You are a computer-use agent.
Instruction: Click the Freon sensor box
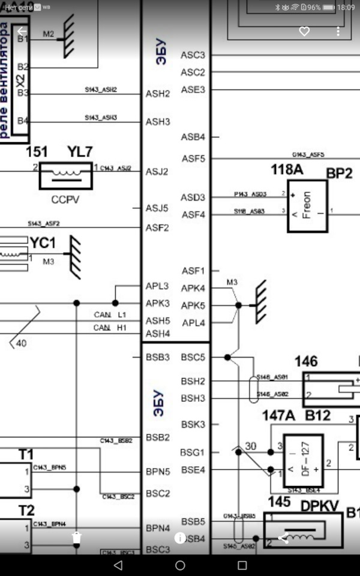[307, 206]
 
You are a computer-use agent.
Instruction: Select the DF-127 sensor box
[302, 461]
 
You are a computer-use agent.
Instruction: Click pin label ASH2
[158, 94]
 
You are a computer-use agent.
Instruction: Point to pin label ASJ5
[157, 208]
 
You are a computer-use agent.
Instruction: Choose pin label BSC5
[193, 357]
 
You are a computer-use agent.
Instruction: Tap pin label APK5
[193, 305]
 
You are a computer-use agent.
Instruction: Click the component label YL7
[80, 152]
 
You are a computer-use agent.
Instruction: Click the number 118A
[287, 170]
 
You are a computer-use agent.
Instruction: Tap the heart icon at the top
[304, 31]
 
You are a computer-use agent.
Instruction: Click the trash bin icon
[76, 538]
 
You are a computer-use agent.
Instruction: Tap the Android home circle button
[180, 565]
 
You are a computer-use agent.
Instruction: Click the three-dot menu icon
[338, 31]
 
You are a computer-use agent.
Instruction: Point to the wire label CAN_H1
[110, 328]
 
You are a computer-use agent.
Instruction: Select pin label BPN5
[158, 472]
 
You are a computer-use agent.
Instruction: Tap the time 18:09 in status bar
[346, 7]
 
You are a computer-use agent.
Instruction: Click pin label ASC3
[193, 55]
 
